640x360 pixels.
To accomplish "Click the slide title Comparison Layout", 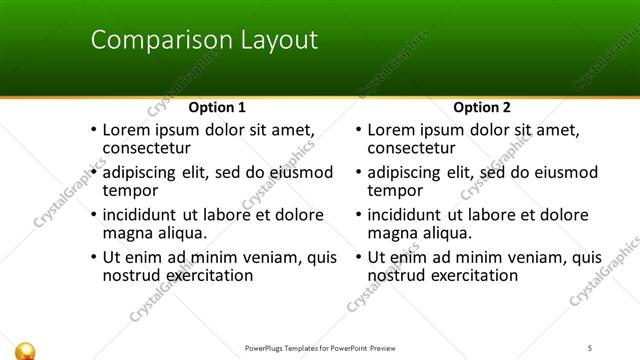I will coord(204,40).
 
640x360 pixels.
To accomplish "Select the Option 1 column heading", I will coord(217,107).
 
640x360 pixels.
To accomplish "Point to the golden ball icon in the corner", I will coord(27,349).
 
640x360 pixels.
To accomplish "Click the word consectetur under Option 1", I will coord(149,148).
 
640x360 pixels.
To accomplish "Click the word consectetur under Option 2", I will coord(414,148).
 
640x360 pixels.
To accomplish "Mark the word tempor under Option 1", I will coord(131,190).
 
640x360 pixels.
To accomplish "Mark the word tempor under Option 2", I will coord(396,190).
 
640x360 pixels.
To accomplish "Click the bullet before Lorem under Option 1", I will coord(94,130).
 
